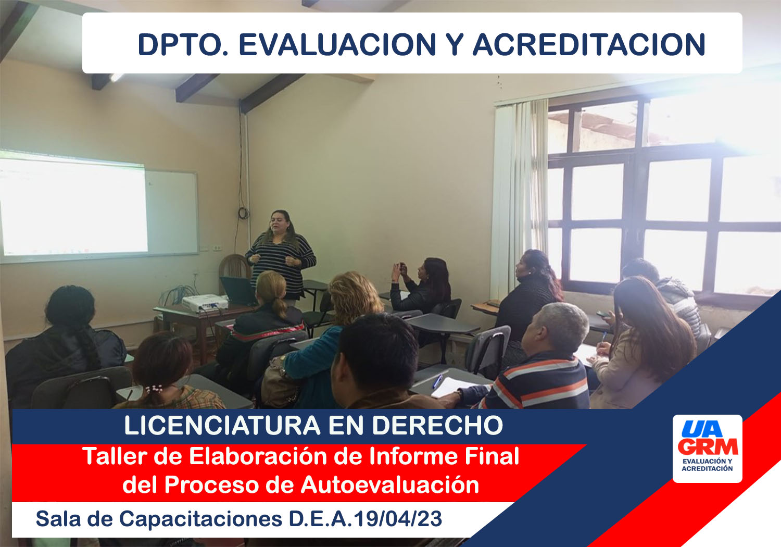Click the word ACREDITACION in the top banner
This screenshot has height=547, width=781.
coord(589,45)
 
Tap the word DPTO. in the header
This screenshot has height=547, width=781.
coord(183,45)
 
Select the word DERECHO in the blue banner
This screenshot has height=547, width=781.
coord(437,425)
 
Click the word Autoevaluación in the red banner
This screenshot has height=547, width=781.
coord(390,485)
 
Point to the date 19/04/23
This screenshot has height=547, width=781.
coord(398,519)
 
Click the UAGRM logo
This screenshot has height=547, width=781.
coord(708,449)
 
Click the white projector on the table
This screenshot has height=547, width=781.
coord(205,303)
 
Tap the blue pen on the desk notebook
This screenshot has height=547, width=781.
coord(437,381)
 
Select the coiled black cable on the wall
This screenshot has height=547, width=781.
coord(243,213)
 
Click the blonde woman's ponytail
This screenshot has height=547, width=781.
coord(280,306)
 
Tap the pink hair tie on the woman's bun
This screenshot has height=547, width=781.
coord(154,389)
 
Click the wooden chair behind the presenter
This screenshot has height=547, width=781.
coord(234,267)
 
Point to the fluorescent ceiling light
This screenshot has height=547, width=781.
coord(116,77)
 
